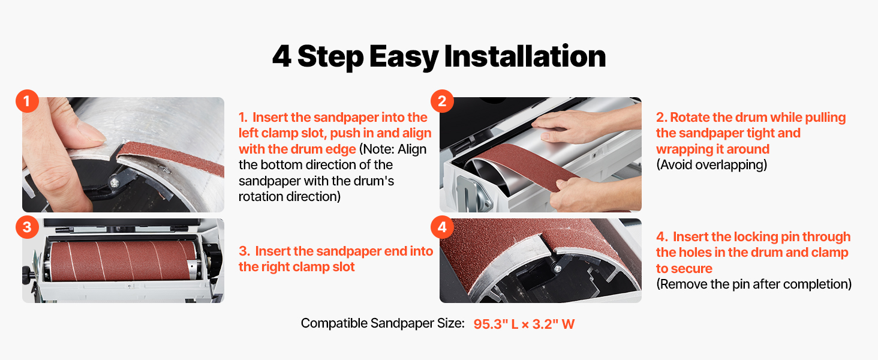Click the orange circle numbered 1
pos(27,101)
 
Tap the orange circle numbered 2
pos(442,101)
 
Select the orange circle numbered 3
pos(27,227)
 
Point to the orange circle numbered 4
pos(442,227)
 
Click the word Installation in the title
pos(525,56)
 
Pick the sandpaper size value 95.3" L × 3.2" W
pos(524,324)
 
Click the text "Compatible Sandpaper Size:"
pos(383,323)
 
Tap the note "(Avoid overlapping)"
pos(711,165)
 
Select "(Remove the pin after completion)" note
pos(754,284)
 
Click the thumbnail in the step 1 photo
pos(91,131)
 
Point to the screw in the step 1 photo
pos(115,183)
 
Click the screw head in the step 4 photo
pos(557,269)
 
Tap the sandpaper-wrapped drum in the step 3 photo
pos(124,261)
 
